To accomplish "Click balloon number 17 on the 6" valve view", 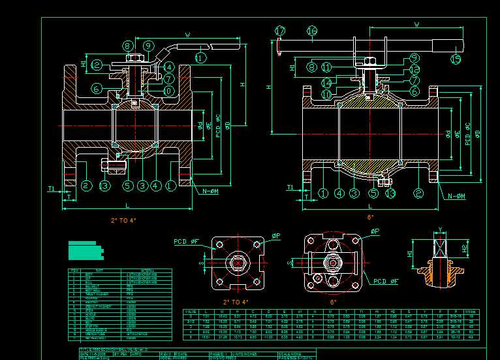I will pos(281,31).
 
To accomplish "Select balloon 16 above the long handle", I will pos(311,31).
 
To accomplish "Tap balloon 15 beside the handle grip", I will pos(456,59).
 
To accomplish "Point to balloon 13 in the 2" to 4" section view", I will pos(104,186).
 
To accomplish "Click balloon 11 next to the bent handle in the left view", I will pos(200,57).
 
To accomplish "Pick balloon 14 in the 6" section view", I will pos(326,83).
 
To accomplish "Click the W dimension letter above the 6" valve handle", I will pos(416,25).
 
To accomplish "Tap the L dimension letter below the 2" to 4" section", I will pos(128,206).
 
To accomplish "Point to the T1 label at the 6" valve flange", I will pos(290,188).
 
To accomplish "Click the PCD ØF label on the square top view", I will pos(186,242).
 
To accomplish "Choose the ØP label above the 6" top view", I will pos(375,231).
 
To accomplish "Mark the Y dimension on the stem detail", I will pos(440,229).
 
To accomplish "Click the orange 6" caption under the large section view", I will pos(370,216).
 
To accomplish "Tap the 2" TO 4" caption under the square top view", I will pos(236,302).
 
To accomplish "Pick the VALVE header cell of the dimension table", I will pos(190,311).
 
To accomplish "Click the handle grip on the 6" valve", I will pos(448,46).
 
